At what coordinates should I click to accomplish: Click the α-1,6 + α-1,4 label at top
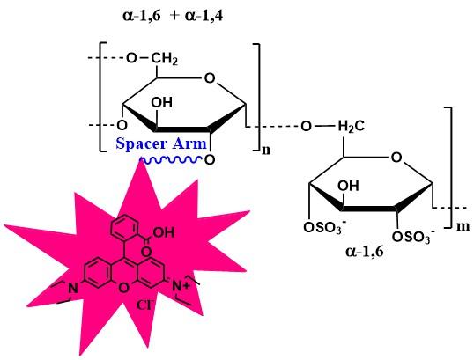coord(173,16)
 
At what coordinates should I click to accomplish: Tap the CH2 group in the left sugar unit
coord(165,58)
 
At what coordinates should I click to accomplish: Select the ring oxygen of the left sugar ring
coord(210,78)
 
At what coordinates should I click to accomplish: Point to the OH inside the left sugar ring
coord(162,103)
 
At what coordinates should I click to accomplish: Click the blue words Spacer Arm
coord(161,143)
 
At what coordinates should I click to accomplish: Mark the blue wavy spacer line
coord(172,159)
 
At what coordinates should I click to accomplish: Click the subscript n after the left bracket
coord(266,151)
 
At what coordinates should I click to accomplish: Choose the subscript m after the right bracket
coord(463,226)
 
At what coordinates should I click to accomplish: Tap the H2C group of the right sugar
coord(351,126)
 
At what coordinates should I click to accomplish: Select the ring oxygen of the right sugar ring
coord(396,158)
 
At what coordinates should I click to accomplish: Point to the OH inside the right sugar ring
coord(349,186)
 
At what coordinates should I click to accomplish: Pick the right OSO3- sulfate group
coord(414,237)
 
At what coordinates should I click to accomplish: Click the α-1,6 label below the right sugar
coord(365,251)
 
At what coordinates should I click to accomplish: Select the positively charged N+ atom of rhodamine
coord(181,286)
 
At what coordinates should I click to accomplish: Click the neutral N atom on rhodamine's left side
coord(72,288)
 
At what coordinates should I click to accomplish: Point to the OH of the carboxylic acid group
coord(164,232)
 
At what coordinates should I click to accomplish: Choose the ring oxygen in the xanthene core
coord(123,288)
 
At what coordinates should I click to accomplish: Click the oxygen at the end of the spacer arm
coord(210,160)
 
